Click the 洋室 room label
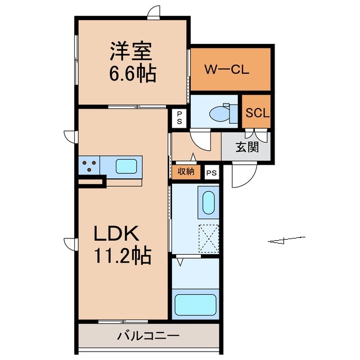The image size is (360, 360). tap(133, 52)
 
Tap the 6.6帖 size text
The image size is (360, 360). tap(133, 74)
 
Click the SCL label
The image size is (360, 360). tap(258, 112)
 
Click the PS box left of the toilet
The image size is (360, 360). tap(179, 118)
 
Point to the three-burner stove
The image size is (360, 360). tap(89, 166)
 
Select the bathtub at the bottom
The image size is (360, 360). tap(196, 304)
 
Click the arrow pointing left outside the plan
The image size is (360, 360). tap(287, 241)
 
